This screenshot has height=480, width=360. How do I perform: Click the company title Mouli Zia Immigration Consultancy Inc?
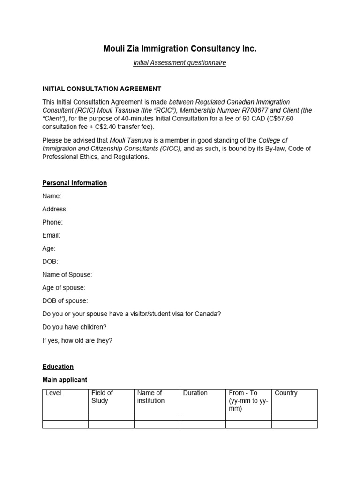180,49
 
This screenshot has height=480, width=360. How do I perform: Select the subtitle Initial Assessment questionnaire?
180,63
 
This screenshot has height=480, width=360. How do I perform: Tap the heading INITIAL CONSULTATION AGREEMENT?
102,89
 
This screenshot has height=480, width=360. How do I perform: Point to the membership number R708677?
239,110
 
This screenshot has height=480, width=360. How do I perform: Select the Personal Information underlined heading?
75,183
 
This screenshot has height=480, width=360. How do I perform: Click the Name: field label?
52,196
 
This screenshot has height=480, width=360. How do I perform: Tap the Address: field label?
55,209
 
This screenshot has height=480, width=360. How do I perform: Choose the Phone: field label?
52,222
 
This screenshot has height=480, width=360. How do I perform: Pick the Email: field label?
51,235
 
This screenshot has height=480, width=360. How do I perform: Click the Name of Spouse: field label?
67,275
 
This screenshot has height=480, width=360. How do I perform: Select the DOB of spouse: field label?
65,301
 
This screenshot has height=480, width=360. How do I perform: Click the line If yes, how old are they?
77,340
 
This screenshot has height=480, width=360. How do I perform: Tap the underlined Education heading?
58,367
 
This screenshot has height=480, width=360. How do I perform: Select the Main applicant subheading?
65,380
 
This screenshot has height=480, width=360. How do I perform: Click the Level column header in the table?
53,393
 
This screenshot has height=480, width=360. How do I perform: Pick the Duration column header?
195,393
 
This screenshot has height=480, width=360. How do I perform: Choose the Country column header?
286,393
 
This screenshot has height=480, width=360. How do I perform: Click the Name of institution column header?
150,397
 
